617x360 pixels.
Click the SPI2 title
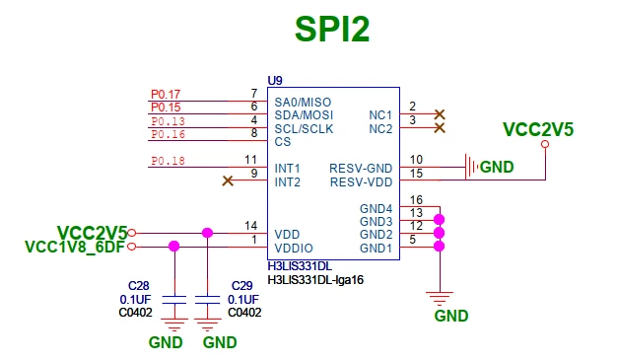(332, 30)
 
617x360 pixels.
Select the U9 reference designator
(275, 81)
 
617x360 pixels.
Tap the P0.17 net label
(166, 94)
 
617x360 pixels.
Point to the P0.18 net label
(168, 161)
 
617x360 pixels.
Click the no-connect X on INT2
(228, 180)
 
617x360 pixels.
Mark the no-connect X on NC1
(440, 114)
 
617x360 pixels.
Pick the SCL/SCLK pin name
(304, 129)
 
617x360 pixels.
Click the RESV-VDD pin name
(361, 182)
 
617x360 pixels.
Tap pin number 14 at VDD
(250, 226)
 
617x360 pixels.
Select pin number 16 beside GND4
(416, 200)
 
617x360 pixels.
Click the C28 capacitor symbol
(174, 300)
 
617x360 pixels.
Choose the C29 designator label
(242, 286)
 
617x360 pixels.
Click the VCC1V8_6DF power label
(75, 247)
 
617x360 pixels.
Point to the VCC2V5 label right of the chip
(538, 129)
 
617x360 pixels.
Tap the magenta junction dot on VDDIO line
(173, 247)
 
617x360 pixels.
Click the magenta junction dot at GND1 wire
(439, 247)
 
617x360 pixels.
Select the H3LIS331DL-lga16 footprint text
(315, 280)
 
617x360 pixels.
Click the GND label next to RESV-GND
(497, 167)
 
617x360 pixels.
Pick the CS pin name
(283, 142)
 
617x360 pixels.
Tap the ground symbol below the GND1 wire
(440, 299)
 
